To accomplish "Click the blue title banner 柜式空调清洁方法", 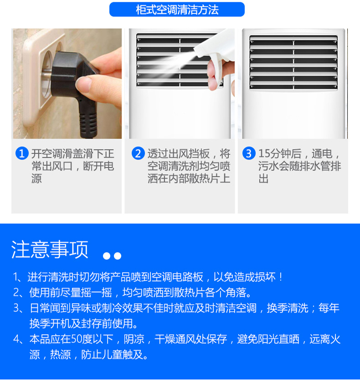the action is coord(177,10).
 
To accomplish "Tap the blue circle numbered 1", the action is coord(22,153).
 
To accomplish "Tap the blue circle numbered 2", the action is coord(138,153).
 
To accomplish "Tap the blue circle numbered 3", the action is coord(249,153).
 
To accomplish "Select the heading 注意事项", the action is coord(50,249).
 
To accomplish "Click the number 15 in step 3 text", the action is coord(264,154).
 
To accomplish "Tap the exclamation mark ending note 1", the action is coord(281,277).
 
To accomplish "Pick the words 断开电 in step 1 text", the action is coord(98,166).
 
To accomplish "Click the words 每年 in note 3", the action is coord(329,308).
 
